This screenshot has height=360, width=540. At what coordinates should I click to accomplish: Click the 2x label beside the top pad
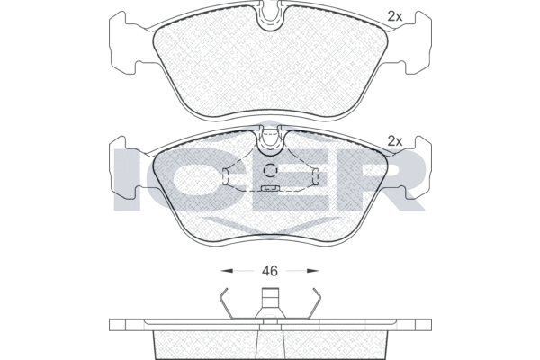pos(395,16)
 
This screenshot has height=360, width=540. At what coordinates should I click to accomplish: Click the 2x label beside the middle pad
pos(395,141)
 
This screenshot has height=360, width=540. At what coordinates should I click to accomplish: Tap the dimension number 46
pos(270,271)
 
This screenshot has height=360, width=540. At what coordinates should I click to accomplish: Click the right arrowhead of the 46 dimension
pos(312,271)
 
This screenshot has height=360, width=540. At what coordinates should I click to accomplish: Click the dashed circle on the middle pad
pos(270,170)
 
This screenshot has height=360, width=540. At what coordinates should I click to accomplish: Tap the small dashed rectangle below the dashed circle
pos(270,188)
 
